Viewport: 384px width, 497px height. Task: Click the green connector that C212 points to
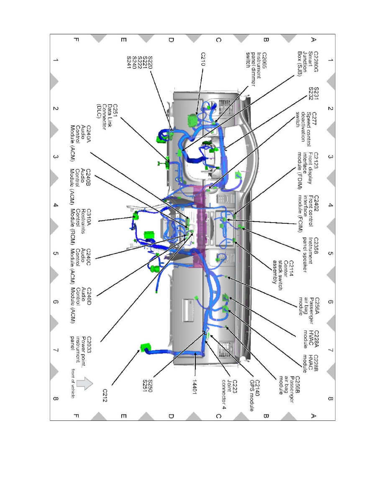pos(145,347)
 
